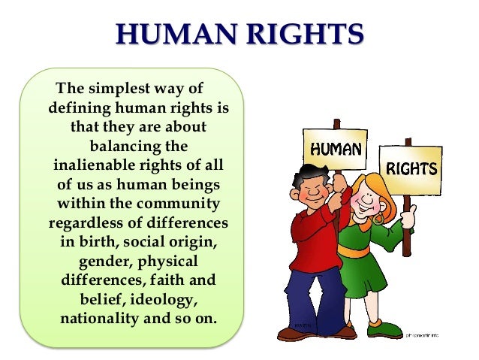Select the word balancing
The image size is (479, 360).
[x=138, y=145]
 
